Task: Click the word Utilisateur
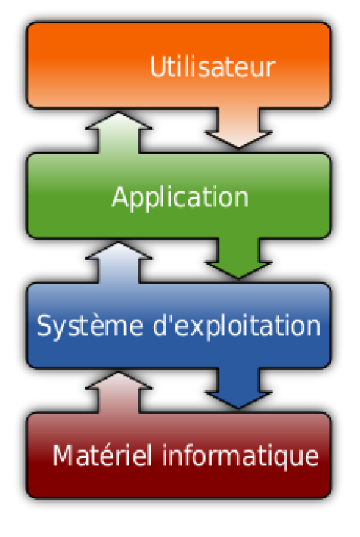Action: click(x=213, y=67)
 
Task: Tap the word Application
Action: click(x=180, y=198)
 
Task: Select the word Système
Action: click(x=90, y=326)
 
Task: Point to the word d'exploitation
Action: click(x=237, y=326)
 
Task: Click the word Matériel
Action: click(x=102, y=455)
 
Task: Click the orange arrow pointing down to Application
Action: click(x=238, y=128)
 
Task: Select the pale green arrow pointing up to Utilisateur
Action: click(x=119, y=132)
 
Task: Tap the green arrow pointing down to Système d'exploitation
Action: click(x=238, y=258)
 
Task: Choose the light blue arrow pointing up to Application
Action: click(x=119, y=262)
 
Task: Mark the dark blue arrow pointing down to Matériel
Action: click(x=238, y=388)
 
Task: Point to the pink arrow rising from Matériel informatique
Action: click(x=119, y=393)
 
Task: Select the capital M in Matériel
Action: click(x=63, y=455)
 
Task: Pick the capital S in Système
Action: click(x=44, y=325)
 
